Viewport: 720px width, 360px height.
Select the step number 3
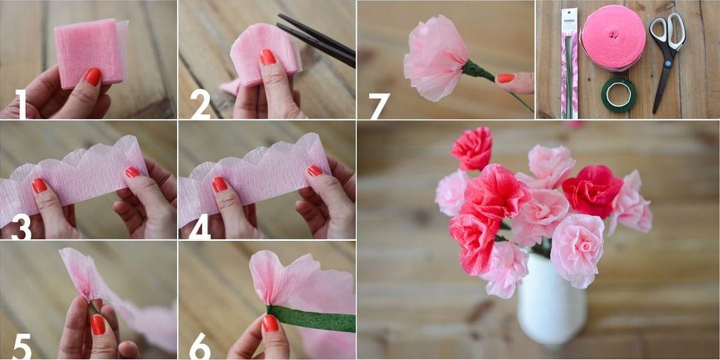pos(21,227)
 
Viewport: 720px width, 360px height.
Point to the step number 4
pos(200,227)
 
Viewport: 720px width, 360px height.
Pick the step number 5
pos(22,346)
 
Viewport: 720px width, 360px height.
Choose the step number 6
pos(200,346)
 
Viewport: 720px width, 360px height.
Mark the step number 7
pos(379,106)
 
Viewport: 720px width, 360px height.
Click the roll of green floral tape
pos(618,94)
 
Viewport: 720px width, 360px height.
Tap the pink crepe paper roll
pos(613,38)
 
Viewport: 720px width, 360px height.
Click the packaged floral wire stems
pos(570,63)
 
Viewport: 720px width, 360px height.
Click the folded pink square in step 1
pos(91,52)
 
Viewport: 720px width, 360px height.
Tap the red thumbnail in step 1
pos(93,76)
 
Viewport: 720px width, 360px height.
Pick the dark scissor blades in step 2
pos(317,39)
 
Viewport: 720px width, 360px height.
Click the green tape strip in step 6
pos(311,317)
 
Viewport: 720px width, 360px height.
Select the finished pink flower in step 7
pos(435,58)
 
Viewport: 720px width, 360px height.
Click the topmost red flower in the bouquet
pos(471,148)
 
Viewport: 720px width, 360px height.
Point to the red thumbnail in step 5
pos(98,324)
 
